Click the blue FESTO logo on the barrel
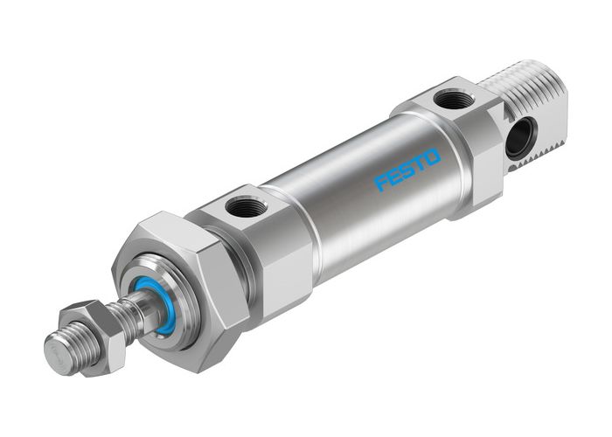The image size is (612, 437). coord(408,170)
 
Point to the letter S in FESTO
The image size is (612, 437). coord(408,170)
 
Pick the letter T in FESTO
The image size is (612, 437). coord(421,164)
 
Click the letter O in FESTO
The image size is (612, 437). coord(434,157)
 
